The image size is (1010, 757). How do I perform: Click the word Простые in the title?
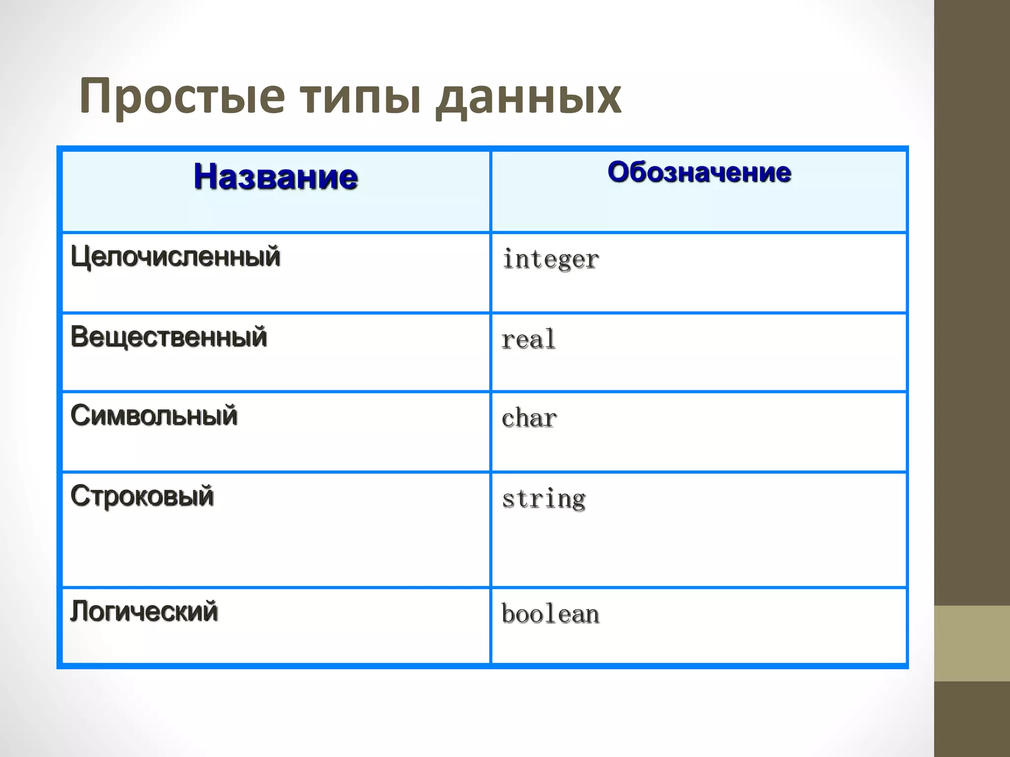point(182,97)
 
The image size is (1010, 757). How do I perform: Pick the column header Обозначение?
point(699,172)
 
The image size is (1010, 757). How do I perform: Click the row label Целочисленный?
point(176,257)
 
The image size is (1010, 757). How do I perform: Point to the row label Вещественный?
point(169,337)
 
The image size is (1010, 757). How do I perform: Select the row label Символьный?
point(154,415)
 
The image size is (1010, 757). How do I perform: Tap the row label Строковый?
point(142,496)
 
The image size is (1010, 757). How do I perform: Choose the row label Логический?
point(144,612)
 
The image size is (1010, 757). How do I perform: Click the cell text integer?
point(550,259)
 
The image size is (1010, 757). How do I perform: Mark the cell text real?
point(528,340)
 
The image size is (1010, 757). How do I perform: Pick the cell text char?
point(529,418)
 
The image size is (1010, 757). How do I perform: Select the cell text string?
point(543,499)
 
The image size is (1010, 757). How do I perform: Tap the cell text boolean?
point(550,614)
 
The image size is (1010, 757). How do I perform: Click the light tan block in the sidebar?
point(972,643)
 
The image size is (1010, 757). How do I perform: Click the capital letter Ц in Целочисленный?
point(80,257)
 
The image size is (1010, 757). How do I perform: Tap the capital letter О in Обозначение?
point(619,172)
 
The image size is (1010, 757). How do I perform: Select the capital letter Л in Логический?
point(81,612)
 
